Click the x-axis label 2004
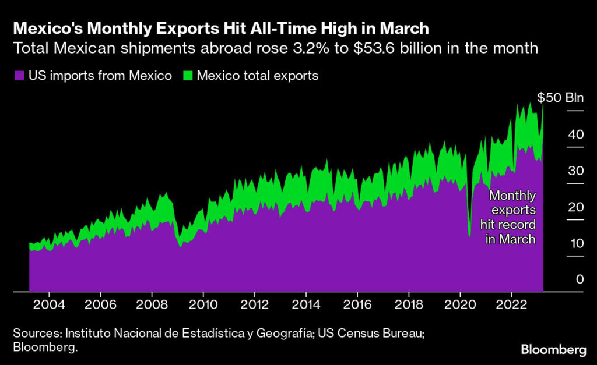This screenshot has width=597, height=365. pos(49,304)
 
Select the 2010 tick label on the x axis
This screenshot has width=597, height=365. pos(203,304)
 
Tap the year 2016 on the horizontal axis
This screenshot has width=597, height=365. pos(357,304)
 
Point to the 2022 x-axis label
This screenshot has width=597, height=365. pos(511,304)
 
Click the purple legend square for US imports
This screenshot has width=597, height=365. pos(19,76)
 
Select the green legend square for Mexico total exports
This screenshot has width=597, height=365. pos(188,76)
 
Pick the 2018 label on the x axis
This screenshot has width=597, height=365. pos(409,304)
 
